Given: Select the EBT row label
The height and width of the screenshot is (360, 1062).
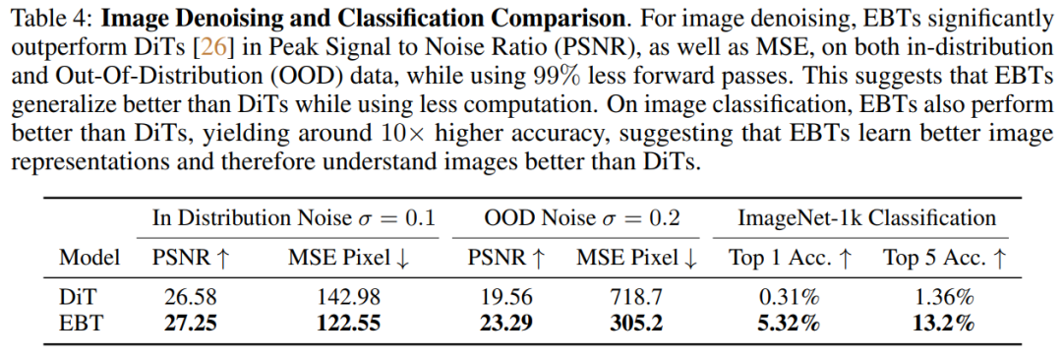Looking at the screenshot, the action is pos(79,322).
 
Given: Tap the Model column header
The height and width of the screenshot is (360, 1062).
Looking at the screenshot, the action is pos(89,258).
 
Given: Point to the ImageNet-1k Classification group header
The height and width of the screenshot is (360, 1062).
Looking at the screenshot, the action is pos(867,217).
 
